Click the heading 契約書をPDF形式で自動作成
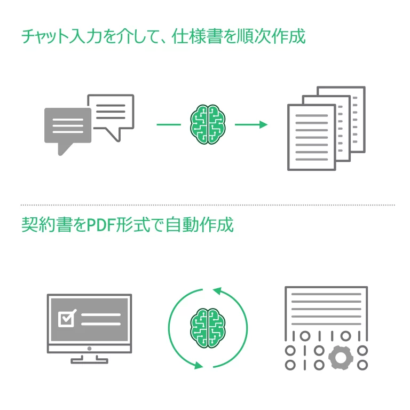coord(127,225)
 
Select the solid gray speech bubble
coord(67,127)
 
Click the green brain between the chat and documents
coord(207,124)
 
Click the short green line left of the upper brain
coord(169,124)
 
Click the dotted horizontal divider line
coord(207,204)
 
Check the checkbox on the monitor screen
coord(67,319)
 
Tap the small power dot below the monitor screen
coord(89,348)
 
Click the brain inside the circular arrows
coord(208,328)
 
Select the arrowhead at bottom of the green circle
coord(199,366)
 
